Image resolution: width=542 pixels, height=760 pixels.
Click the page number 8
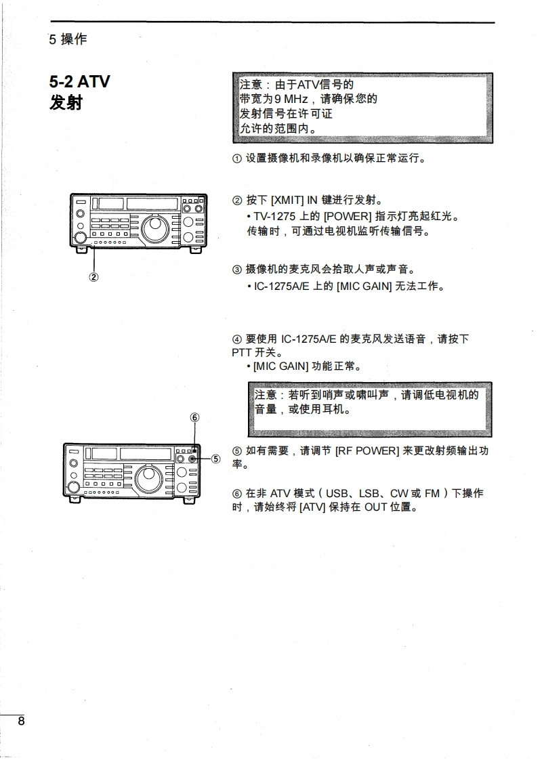point(21,721)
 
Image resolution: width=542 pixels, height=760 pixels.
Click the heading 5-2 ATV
point(79,83)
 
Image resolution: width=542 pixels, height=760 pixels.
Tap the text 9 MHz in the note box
point(291,99)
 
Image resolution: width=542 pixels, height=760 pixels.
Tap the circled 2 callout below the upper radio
point(93,276)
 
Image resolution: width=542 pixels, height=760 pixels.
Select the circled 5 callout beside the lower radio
point(215,459)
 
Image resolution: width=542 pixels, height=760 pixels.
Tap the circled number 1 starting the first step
point(236,159)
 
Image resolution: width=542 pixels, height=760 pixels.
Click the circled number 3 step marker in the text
point(236,270)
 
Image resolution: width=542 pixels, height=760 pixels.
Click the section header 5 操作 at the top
point(68,39)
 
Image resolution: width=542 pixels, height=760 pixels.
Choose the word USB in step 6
point(337,493)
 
